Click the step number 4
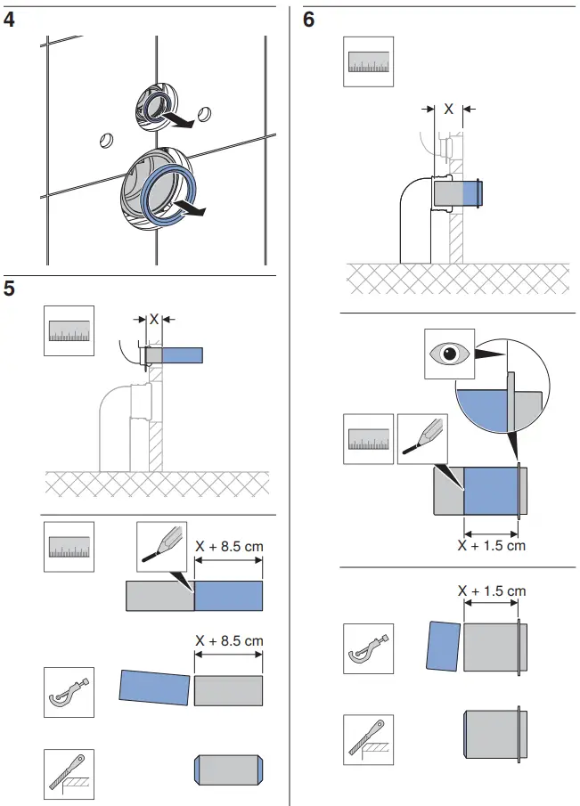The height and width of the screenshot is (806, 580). point(10,19)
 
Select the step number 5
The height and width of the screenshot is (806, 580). point(10,289)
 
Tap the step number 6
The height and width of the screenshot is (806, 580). point(309,19)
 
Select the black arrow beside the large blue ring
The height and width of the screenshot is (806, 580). point(193,210)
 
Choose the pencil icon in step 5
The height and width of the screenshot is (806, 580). point(161,546)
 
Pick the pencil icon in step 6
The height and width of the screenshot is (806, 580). point(422,439)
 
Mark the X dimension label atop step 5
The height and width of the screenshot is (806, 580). point(153,317)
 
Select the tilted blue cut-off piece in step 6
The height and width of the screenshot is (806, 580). point(445,645)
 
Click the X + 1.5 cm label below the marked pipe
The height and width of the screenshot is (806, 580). point(491,545)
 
